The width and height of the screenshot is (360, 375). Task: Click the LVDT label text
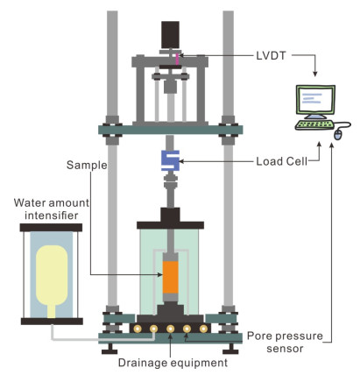pos(271,56)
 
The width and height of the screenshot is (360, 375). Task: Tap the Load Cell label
pos(282,161)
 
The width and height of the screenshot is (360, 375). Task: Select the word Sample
pos(87,166)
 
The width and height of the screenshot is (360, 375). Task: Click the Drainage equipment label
pos(173,363)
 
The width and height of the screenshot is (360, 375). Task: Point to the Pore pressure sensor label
pos(285,343)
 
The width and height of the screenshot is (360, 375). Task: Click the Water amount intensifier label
pos(52,209)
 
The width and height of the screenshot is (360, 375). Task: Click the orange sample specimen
pos(170,278)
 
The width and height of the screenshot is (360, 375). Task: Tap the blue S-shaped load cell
pos(170,160)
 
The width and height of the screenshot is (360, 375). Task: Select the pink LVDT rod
pos(177,59)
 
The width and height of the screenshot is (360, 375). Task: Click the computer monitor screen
pos(315,100)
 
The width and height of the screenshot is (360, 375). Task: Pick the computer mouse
pos(337,135)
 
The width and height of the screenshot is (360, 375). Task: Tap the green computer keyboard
pos(314,125)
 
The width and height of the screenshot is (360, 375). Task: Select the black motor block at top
pos(170,34)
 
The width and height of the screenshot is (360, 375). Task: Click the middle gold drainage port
pos(170,329)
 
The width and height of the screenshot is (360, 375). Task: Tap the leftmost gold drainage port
pos(137,329)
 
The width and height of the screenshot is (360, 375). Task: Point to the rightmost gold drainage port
pos(203,329)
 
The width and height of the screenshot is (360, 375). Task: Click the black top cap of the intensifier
pos(51,228)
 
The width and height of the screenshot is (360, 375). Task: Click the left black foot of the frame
pos(109,349)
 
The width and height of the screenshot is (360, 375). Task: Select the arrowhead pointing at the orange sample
pos(160,274)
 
